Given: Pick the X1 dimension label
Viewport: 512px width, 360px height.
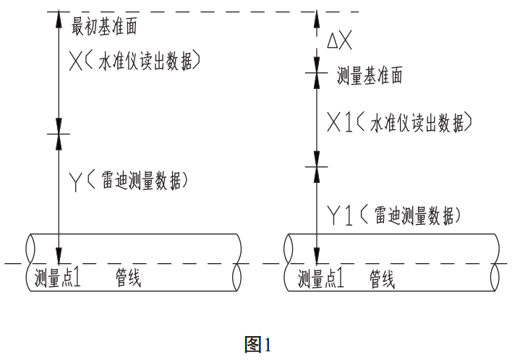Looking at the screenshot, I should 339,124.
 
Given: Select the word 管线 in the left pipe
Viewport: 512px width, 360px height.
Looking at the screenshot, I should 129,278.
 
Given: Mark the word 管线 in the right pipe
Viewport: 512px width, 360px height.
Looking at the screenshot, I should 383,278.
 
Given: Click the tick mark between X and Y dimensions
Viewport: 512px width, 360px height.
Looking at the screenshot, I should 59,134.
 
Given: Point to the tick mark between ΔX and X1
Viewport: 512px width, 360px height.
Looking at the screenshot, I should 316,72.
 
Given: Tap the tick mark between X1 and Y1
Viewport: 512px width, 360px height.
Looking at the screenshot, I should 316,166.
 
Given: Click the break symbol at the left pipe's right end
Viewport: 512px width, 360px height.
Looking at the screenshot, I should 239,263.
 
